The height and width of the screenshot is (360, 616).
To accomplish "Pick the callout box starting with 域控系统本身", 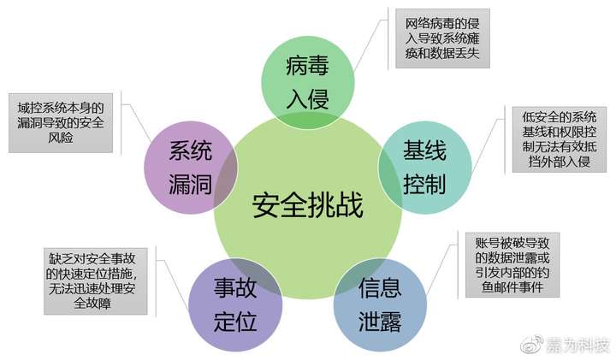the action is point(61,122).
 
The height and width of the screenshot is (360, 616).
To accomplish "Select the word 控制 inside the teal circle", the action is point(424,183).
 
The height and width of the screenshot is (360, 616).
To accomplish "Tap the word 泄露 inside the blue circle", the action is point(380,322).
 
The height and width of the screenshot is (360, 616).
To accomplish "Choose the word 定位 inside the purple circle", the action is point(235,322).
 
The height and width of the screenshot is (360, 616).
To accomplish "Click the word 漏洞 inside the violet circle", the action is point(190,183).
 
